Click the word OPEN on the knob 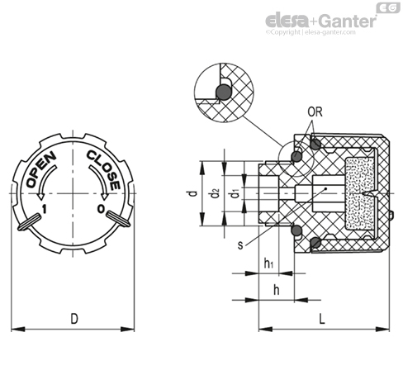point(41,169)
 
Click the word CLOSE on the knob point(104,170)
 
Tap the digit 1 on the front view point(44,209)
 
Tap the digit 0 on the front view point(101,209)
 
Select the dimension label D point(74,319)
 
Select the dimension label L point(322,319)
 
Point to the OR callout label point(315,112)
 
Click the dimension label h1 point(268,263)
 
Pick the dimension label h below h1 point(276,290)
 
